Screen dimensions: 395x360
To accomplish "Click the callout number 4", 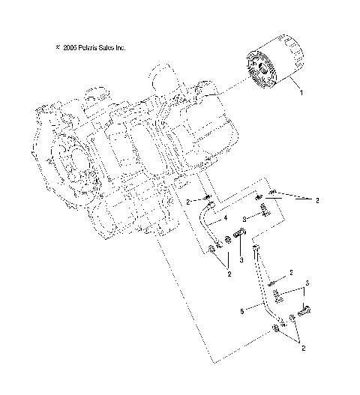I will [224, 219].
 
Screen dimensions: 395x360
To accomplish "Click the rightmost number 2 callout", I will [318, 200].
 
